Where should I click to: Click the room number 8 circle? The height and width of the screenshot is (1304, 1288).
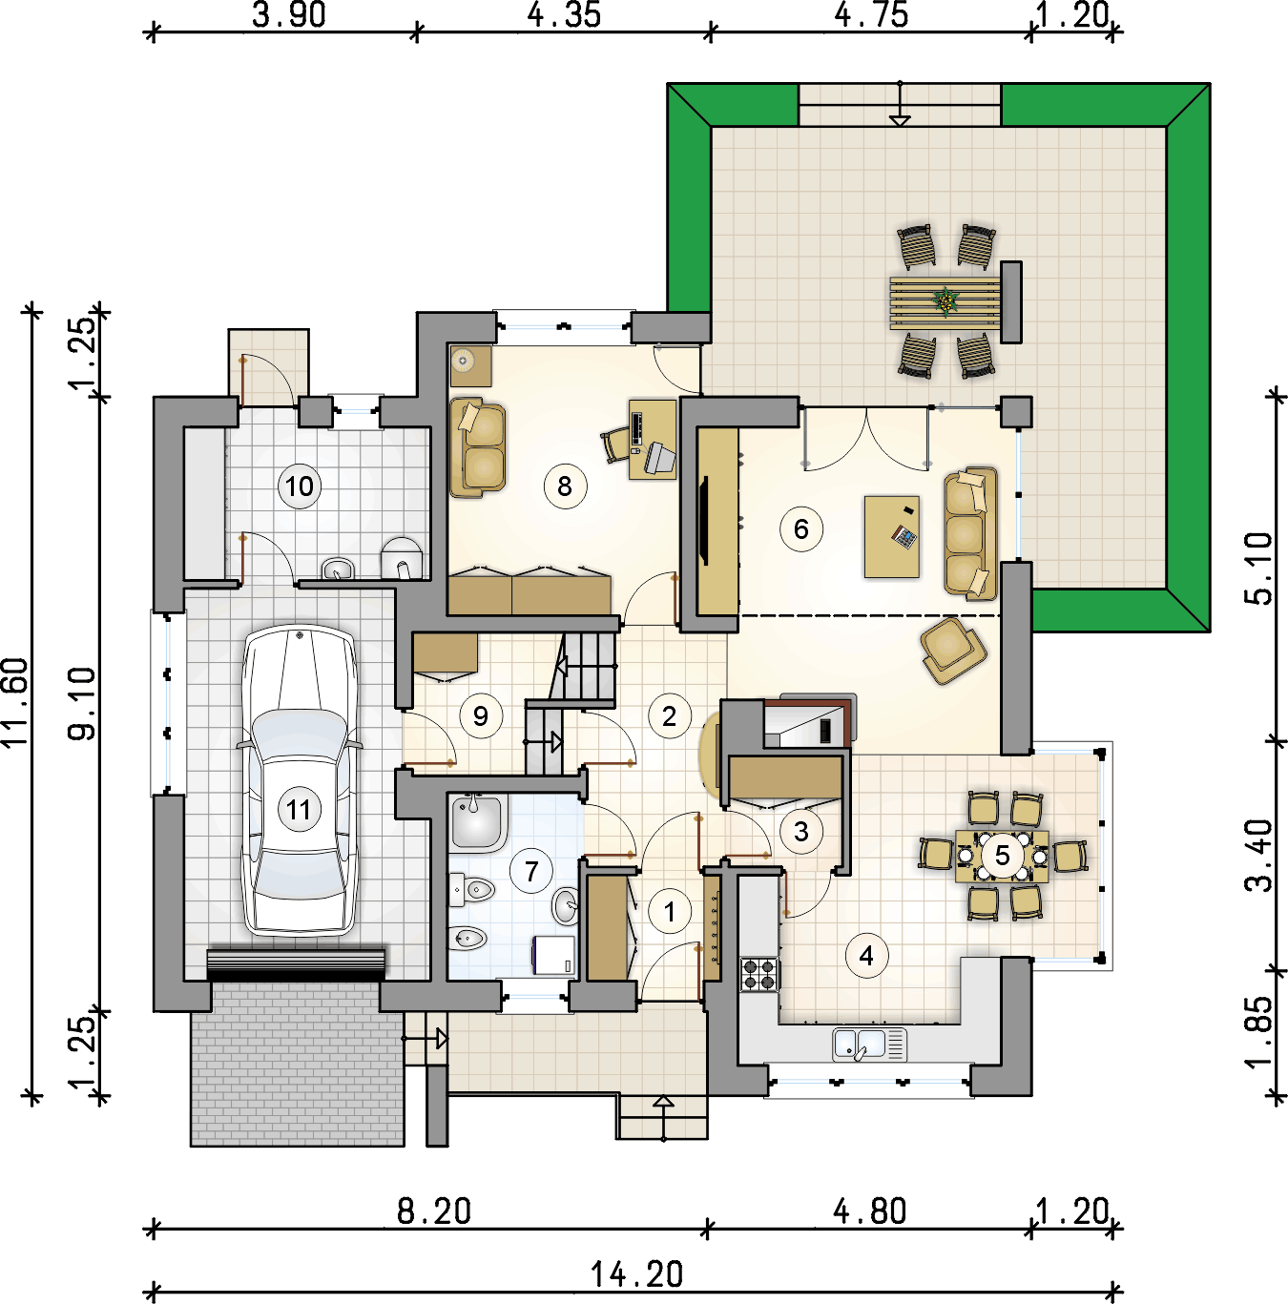coord(565,486)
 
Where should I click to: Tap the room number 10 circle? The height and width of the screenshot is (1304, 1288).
coord(300,486)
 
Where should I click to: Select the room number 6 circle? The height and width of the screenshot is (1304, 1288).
coord(801,529)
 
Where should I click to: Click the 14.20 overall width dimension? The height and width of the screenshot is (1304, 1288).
coord(637,1274)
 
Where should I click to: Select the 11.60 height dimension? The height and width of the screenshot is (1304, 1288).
coord(16,702)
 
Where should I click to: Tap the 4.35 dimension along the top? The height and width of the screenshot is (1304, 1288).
coord(564,14)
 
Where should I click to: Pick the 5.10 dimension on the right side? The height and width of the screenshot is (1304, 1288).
coord(1258,569)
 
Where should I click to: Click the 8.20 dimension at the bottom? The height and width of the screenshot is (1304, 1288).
coord(434,1211)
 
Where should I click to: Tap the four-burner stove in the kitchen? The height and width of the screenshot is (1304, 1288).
coord(759,975)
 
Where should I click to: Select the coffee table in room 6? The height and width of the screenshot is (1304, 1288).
coord(891,537)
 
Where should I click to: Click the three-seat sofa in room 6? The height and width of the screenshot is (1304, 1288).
coord(970,534)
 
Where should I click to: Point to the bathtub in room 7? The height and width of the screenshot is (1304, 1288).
coord(478,820)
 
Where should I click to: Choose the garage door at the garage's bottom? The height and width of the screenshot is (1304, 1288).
coord(296,965)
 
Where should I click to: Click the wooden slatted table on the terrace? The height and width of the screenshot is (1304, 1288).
coord(945,301)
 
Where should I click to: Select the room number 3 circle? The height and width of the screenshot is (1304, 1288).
coord(801,831)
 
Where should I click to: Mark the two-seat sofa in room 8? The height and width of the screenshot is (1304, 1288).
coord(477,447)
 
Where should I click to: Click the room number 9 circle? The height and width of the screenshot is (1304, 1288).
coord(481,716)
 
